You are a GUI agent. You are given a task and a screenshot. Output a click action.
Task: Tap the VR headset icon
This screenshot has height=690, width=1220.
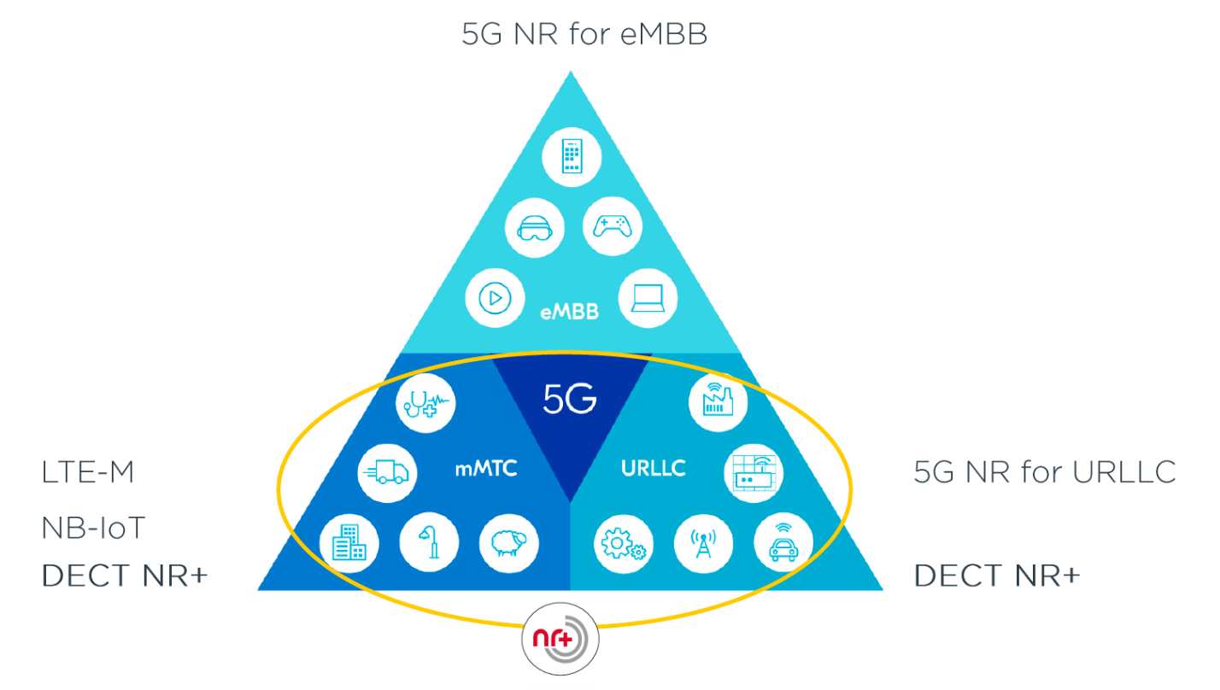point(534,228)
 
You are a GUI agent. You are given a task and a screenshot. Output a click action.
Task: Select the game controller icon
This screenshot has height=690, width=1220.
point(612,226)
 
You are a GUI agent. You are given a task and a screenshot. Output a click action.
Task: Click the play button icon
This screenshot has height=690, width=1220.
point(494,298)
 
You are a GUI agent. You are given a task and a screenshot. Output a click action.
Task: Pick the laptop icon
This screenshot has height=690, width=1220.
point(648,298)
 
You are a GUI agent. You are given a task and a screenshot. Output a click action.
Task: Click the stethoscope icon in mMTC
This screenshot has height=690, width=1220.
point(425,401)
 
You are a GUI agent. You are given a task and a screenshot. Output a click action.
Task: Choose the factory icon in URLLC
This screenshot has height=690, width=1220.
point(718,401)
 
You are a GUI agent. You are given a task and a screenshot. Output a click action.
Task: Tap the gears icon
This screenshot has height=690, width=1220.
point(625,543)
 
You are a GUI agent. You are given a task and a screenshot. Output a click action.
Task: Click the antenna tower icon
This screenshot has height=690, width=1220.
point(703,543)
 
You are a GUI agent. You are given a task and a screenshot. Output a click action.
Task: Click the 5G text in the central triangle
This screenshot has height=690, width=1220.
point(570,399)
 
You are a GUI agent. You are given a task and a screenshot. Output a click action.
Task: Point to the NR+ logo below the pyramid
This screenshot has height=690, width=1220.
point(560,639)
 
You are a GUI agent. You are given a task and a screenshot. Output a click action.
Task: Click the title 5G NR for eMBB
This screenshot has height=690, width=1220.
point(584,35)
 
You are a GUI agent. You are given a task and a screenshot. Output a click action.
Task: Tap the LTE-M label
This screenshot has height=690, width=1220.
point(88,472)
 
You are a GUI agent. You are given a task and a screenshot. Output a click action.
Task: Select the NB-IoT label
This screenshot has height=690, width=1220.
point(93,529)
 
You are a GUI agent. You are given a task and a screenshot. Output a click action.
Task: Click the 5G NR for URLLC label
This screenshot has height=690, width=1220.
point(1044,471)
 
